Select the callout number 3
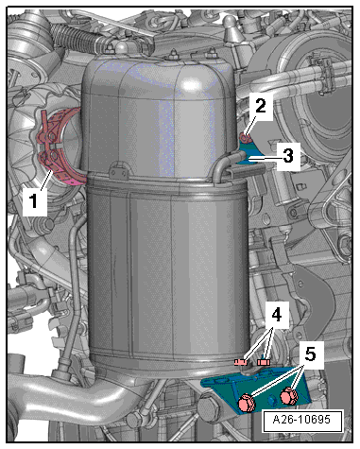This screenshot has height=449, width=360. pyautogui.click(x=289, y=156)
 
